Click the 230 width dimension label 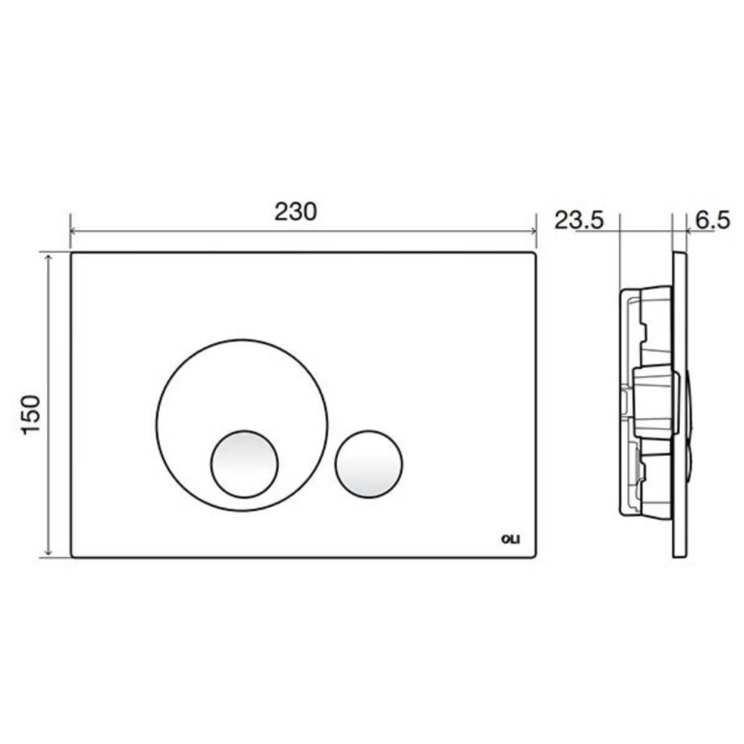[x=295, y=211]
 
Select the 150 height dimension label [x=31, y=414]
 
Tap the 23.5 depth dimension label [x=579, y=221]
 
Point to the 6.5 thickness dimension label [x=712, y=221]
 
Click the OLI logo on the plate [x=511, y=539]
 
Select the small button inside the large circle [x=244, y=464]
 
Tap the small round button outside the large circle [x=369, y=464]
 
